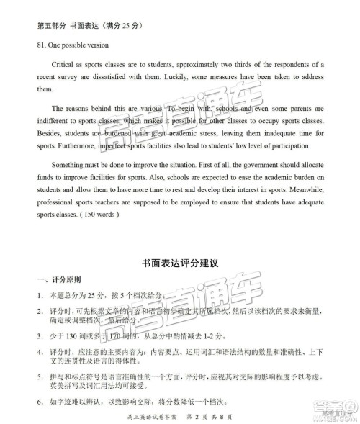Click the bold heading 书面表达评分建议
tap(180, 263)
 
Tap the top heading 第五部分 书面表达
tap(71, 26)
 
